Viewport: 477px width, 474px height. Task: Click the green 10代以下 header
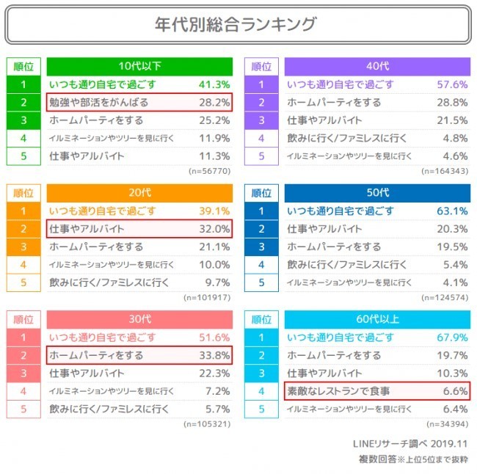click(139, 66)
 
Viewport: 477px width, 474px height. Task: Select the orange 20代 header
click(139, 193)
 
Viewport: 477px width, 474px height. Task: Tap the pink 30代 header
click(139, 319)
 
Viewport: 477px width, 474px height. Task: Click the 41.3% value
click(214, 84)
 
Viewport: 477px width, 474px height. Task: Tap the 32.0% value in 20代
click(214, 229)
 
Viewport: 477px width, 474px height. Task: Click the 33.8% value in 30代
click(214, 355)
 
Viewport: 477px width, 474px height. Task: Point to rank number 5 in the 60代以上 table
click(261, 409)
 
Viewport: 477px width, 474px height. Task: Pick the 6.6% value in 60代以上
click(454, 391)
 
